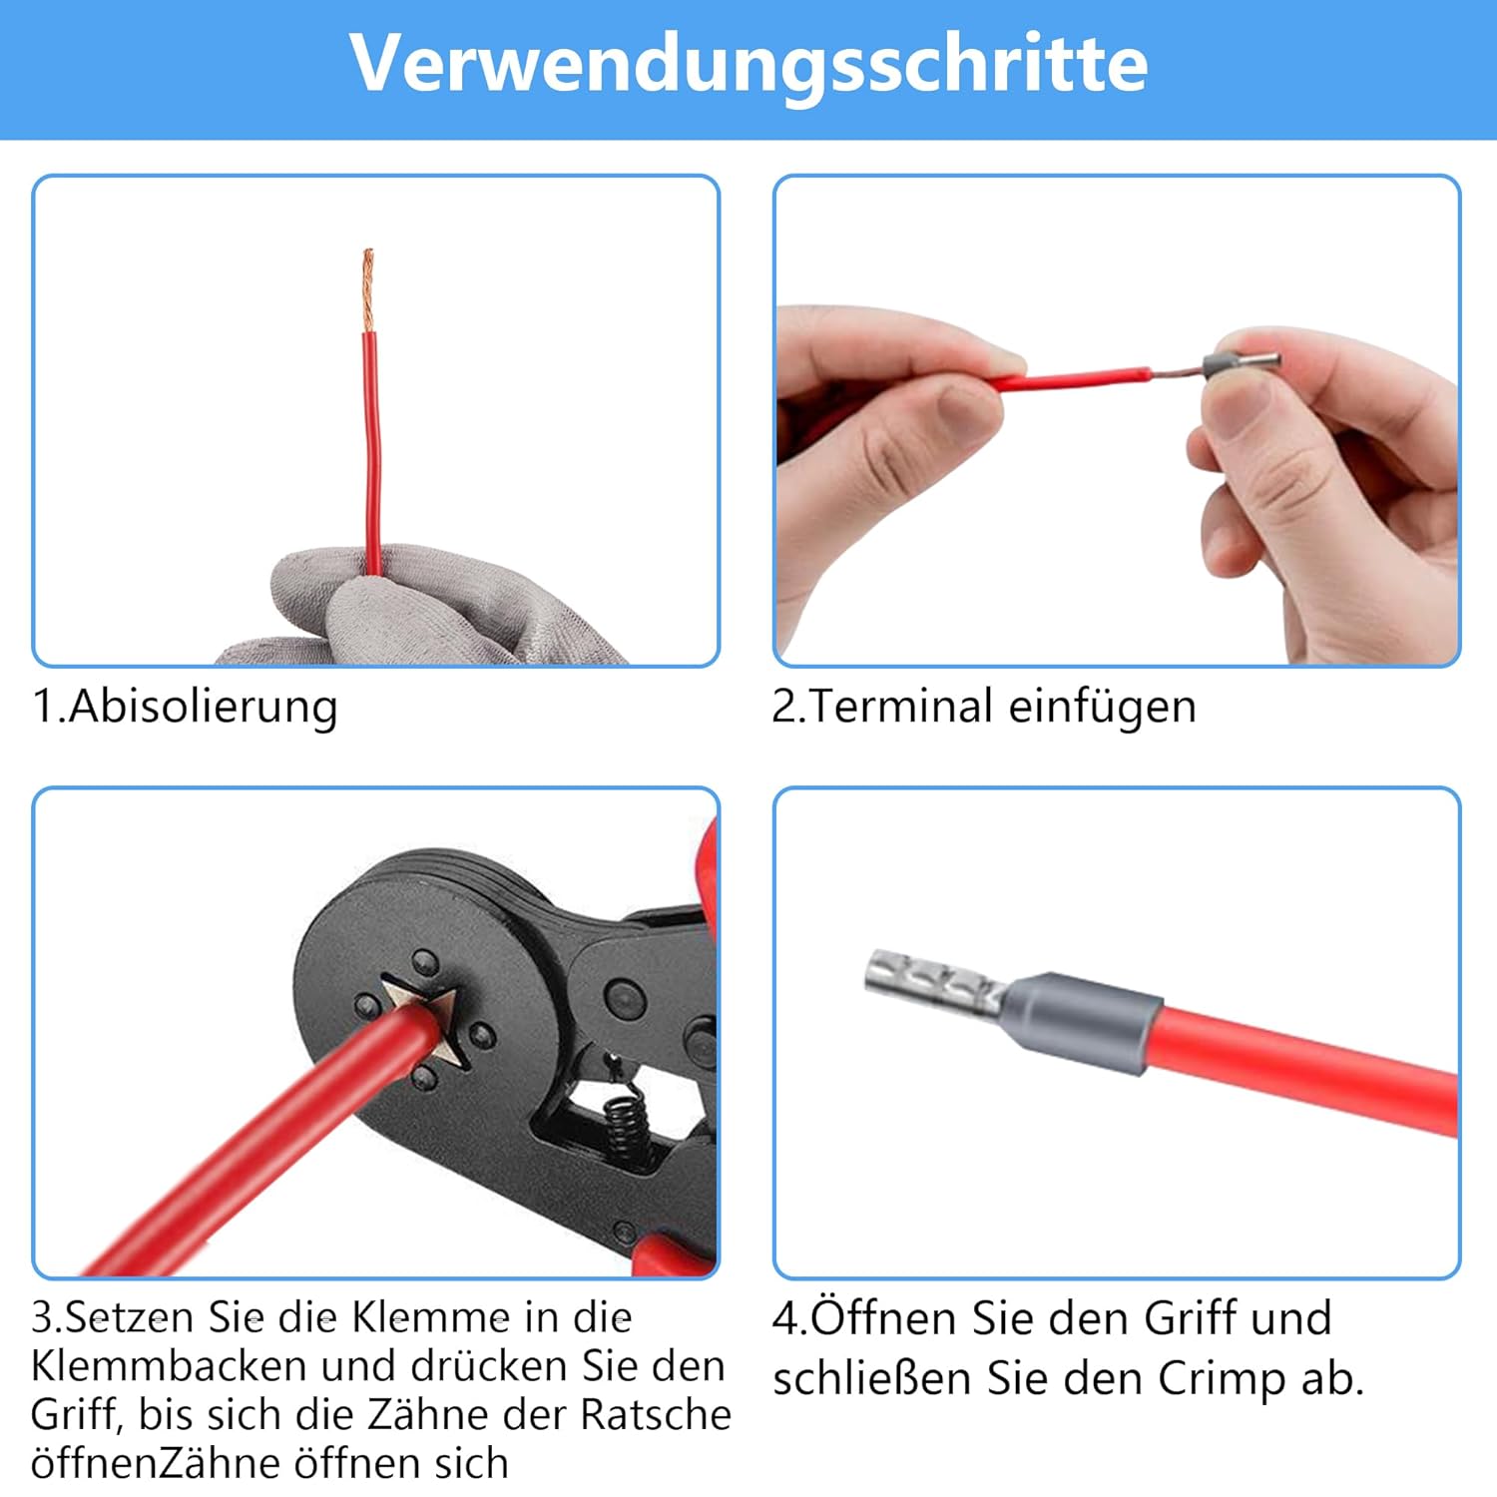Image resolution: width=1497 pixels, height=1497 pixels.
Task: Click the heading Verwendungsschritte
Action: pos(748,64)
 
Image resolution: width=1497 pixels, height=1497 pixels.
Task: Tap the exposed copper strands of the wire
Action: pos(367,289)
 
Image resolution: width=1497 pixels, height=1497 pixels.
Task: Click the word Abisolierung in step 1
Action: pos(204,708)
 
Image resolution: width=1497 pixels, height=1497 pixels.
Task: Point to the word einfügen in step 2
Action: pos(1102,707)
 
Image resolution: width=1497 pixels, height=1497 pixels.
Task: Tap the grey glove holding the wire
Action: pos(419,609)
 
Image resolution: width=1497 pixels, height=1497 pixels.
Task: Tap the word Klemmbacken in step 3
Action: pos(168,1366)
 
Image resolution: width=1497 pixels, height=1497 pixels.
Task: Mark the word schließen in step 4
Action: pos(872,1379)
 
